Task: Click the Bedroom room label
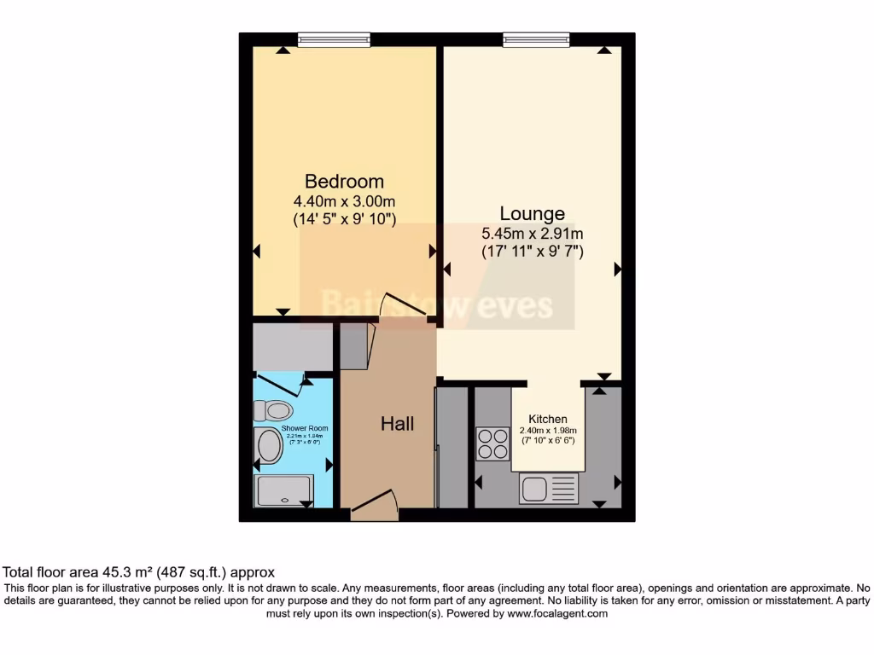point(344,181)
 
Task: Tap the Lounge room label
point(532,213)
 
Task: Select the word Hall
point(397,424)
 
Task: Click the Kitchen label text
point(548,419)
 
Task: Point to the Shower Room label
point(305,428)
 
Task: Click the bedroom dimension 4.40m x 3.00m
point(344,201)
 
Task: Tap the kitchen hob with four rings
point(492,443)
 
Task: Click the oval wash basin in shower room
point(271,446)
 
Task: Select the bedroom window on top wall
point(334,39)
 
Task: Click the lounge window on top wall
point(536,39)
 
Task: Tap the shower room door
point(279,383)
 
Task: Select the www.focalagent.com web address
point(556,613)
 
